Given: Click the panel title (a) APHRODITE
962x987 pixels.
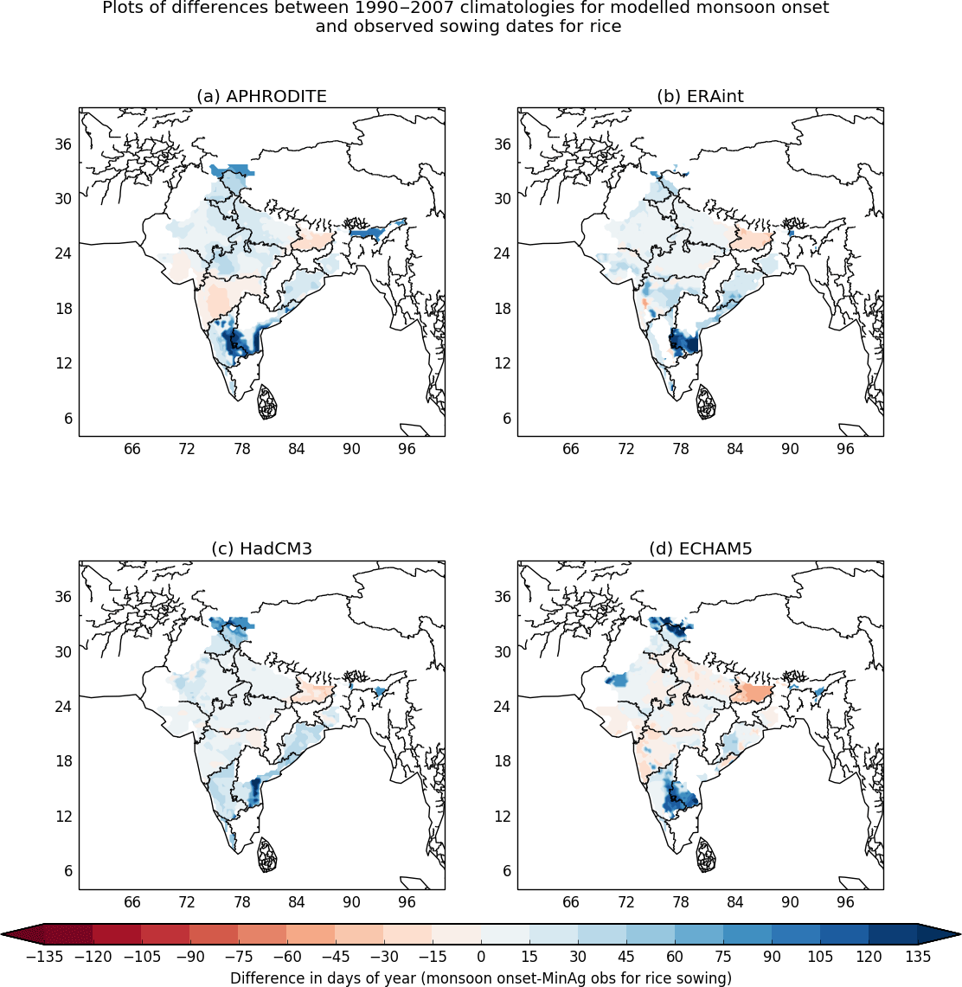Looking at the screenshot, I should (261, 96).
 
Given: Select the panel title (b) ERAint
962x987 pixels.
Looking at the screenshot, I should (700, 96).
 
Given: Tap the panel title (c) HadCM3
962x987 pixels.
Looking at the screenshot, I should (261, 548).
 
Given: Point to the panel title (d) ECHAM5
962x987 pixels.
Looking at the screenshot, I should (700, 548).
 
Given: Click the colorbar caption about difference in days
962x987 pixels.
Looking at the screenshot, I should (481, 977).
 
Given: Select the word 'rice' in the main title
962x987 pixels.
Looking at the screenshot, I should (605, 26).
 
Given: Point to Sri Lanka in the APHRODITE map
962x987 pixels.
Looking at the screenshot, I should (267, 402).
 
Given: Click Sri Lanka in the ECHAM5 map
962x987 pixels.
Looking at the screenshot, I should (706, 855).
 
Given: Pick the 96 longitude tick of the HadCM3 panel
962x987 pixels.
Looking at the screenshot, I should (407, 902).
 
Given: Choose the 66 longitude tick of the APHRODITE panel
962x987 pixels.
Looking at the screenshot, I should (131, 449).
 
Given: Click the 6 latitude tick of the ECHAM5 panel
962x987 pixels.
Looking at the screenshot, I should (507, 871).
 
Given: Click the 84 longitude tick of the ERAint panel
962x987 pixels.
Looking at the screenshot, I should (734, 449).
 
